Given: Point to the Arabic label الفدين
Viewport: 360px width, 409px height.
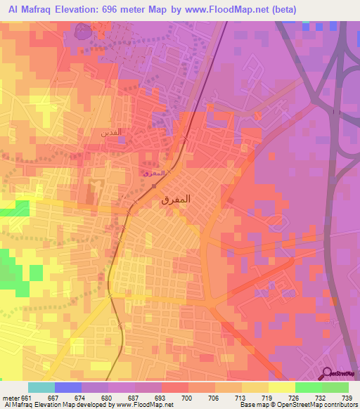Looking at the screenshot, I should click(112, 131).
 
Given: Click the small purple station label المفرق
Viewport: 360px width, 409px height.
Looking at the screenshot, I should click(153, 172).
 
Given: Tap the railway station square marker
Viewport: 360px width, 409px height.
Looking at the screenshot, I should click(153, 186).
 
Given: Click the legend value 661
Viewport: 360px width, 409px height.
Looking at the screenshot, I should click(26, 398).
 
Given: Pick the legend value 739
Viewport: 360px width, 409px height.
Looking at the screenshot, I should click(347, 398).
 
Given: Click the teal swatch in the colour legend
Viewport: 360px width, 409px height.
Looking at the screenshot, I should click(41, 387).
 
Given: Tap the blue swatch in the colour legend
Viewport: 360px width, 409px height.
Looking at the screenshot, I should click(68, 387).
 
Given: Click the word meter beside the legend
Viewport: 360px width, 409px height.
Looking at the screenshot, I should click(9, 398).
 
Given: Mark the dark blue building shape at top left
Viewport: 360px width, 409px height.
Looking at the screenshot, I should click(83, 32).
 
